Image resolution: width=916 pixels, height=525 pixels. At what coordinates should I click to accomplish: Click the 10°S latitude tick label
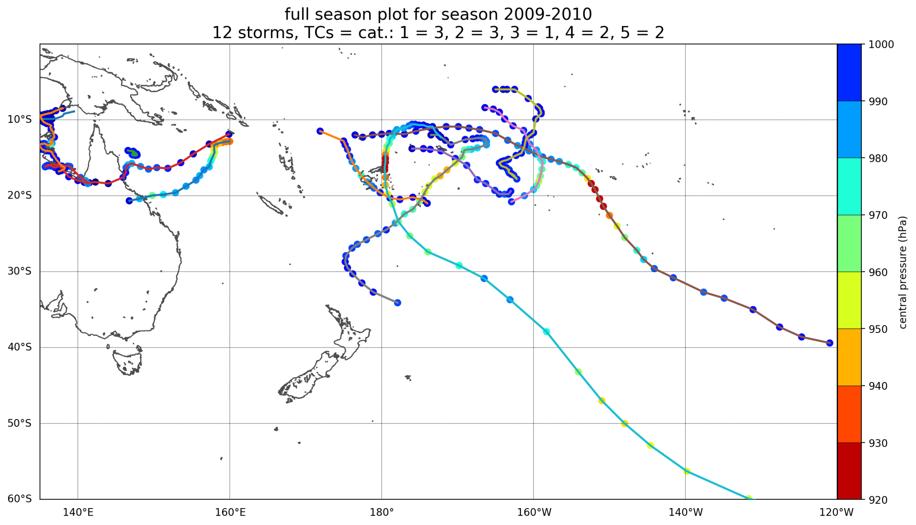[19, 120]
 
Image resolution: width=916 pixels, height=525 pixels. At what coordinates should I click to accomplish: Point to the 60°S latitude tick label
[19, 499]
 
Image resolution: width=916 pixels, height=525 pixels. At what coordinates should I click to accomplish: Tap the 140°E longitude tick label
[78, 513]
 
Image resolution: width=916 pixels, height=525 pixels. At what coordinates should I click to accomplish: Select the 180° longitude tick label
[382, 513]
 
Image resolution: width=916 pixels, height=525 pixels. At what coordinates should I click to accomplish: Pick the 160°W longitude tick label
[534, 513]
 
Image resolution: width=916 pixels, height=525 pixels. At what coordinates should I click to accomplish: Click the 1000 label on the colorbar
[881, 45]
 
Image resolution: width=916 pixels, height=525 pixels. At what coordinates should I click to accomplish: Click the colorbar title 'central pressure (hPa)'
[903, 272]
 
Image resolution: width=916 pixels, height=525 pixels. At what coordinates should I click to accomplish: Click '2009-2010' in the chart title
[547, 14]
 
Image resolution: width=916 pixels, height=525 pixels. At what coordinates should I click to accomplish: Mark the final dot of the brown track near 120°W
[830, 343]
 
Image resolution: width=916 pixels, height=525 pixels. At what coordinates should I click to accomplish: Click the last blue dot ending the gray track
[397, 302]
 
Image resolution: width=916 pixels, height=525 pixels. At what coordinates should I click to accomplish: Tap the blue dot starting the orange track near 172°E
[320, 131]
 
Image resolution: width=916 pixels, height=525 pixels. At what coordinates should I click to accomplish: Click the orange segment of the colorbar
[849, 357]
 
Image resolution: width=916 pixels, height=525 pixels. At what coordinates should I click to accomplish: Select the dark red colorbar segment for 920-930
[849, 471]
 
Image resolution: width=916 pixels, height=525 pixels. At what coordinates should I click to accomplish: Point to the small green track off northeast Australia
[133, 153]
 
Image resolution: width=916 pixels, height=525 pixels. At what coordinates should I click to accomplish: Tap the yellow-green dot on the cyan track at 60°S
[749, 498]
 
